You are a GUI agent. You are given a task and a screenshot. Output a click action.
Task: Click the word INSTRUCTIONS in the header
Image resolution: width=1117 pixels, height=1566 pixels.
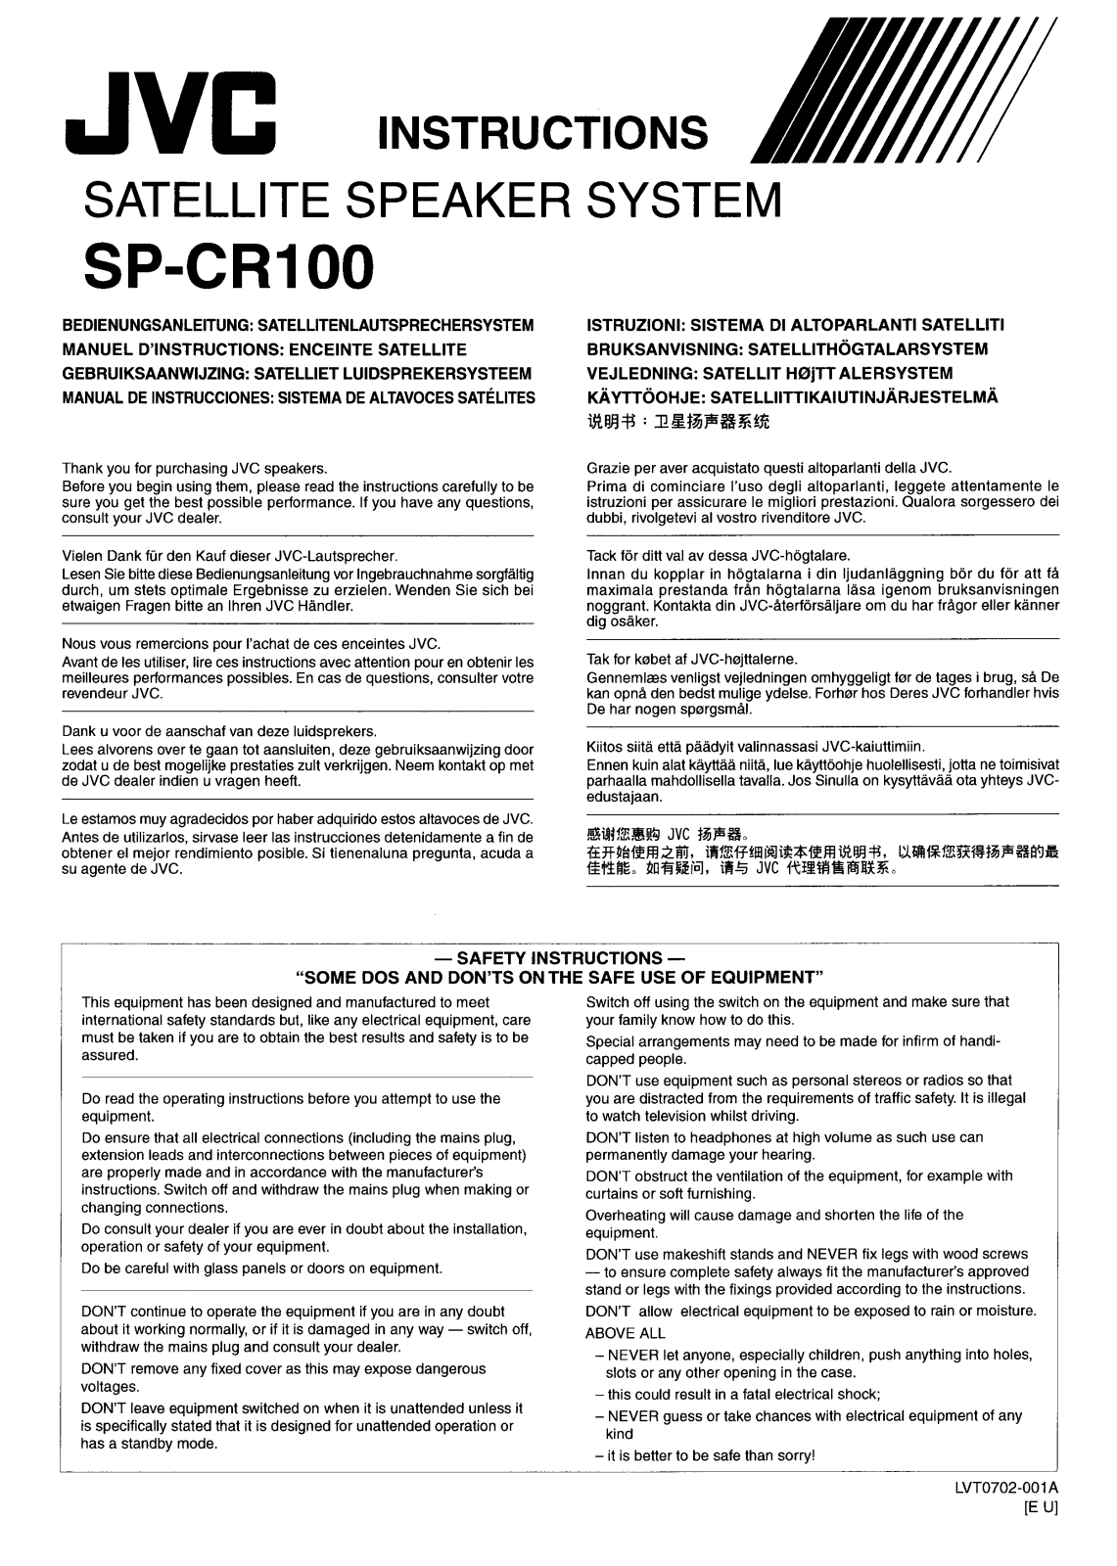pyautogui.click(x=541, y=133)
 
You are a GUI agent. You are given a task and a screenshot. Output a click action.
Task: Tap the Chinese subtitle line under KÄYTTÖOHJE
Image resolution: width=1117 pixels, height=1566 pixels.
pyautogui.click(x=677, y=423)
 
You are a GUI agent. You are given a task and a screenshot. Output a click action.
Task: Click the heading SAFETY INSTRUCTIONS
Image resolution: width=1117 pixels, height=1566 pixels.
pyautogui.click(x=559, y=958)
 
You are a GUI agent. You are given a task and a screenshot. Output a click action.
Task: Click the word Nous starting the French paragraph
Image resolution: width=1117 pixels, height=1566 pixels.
pyautogui.click(x=78, y=644)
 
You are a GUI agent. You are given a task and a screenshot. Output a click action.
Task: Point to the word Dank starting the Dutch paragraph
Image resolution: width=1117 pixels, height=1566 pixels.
pyautogui.click(x=79, y=731)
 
